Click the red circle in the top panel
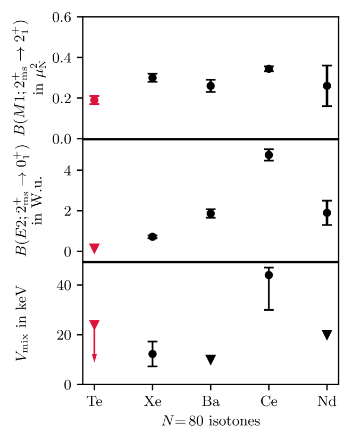click(x=94, y=100)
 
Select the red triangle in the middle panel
click(x=94, y=248)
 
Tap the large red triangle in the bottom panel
click(x=94, y=325)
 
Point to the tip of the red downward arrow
click(x=94, y=361)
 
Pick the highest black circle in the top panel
click(x=269, y=69)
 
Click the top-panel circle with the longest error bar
click(x=327, y=86)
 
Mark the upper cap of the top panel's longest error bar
click(x=327, y=66)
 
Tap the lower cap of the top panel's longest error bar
click(x=327, y=106)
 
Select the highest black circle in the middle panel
click(x=269, y=155)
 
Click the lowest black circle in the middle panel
click(x=153, y=237)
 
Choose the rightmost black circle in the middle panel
click(x=327, y=213)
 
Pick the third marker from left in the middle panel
click(x=211, y=213)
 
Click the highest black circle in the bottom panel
click(x=269, y=275)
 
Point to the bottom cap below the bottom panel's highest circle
click(x=269, y=310)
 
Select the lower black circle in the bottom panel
click(x=153, y=354)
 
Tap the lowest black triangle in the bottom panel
click(x=211, y=360)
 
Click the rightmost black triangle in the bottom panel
click(x=327, y=335)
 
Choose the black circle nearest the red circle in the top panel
click(x=153, y=78)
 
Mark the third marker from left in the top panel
click(x=211, y=86)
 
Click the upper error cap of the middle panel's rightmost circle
click(x=327, y=201)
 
